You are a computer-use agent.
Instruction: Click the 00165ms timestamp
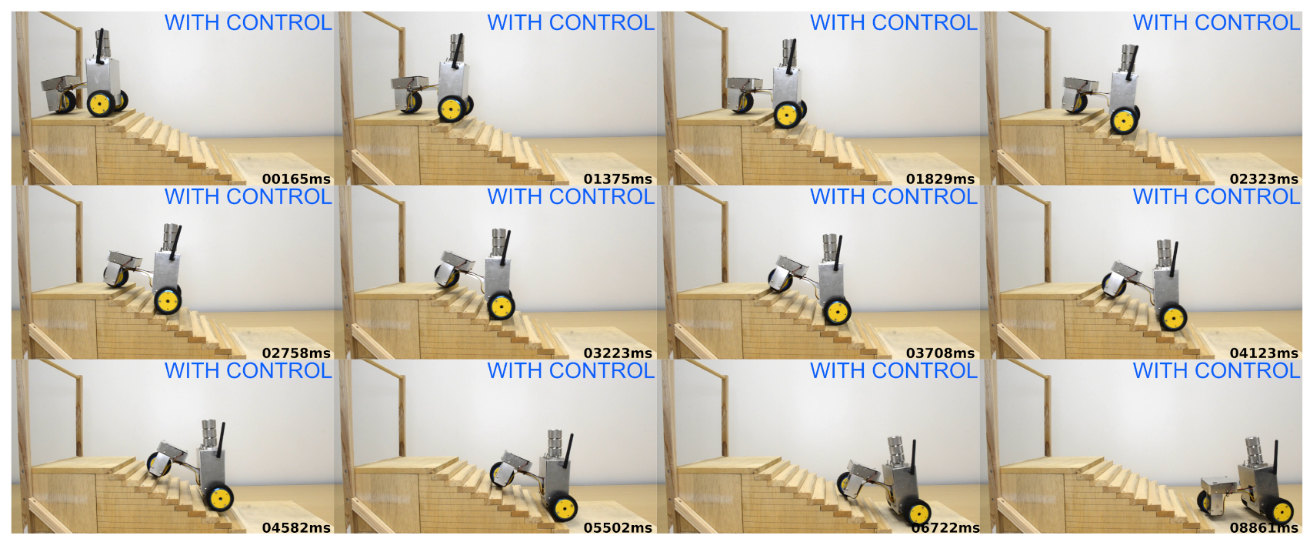click(x=296, y=179)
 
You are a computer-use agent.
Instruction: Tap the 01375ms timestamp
click(x=618, y=179)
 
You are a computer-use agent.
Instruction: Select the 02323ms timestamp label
click(x=1264, y=179)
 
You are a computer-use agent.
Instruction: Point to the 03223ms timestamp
click(x=618, y=353)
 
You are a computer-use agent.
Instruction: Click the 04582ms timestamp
click(x=296, y=528)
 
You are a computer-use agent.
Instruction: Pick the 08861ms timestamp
click(x=1264, y=528)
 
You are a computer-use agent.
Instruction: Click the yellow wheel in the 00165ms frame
click(x=101, y=104)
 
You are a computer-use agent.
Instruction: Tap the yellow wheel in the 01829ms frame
click(x=787, y=115)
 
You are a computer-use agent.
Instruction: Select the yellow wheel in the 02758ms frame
click(x=168, y=301)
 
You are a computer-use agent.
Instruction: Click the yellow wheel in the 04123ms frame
click(x=1172, y=318)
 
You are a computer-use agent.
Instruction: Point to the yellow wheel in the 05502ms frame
click(x=564, y=508)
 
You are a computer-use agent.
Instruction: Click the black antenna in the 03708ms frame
click(x=838, y=253)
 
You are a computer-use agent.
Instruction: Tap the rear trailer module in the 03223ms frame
click(x=455, y=268)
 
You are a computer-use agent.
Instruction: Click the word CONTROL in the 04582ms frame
click(x=279, y=371)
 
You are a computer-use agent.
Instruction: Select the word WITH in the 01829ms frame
click(x=836, y=23)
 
